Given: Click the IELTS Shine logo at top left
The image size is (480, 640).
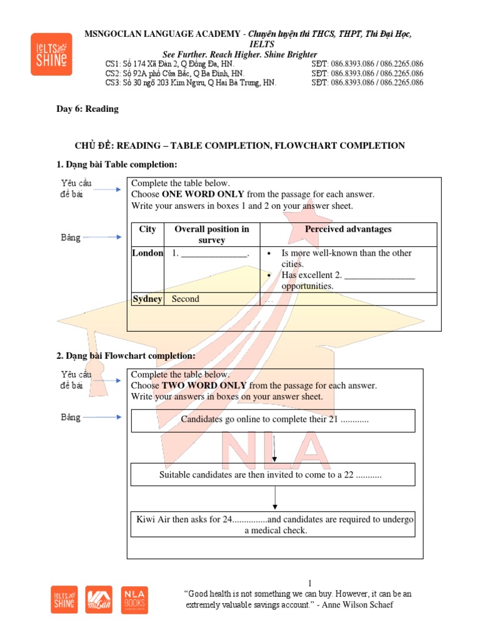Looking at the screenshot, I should point(51,54).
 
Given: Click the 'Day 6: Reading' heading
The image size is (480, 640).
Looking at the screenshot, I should point(87,109).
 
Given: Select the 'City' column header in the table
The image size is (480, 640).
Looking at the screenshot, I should point(147,229).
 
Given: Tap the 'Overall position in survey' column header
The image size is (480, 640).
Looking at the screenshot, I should point(211,234).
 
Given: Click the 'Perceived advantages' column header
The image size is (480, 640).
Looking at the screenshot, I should point(348,229).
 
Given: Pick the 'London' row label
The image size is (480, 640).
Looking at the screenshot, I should point(147,253).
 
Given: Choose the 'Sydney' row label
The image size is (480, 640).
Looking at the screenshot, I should point(147,299).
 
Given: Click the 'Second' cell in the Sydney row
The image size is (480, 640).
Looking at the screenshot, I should point(186,299).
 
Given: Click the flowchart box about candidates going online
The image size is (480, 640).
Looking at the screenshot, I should point(273,420).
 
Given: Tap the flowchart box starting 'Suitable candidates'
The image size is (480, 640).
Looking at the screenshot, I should point(273,475).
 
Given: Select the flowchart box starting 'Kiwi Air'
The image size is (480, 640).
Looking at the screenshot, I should point(275,525).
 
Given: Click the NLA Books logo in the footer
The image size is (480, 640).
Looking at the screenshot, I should point(134,599).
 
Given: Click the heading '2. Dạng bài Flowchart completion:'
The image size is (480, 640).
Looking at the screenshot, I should point(126,356).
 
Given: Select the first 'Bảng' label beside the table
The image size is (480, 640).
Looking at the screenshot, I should point(71,237).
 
